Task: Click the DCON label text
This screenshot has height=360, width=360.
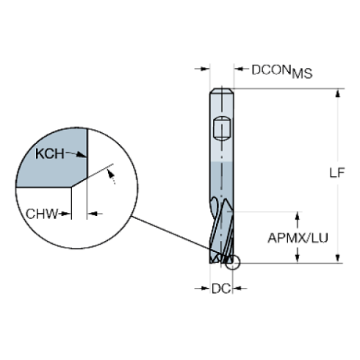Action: pos(271,70)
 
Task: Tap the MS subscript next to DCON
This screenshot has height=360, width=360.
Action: pos(302,73)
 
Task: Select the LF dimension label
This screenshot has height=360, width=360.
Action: pos(337,173)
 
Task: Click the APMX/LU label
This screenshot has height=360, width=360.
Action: pos(298,238)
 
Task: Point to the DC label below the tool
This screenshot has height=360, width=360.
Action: pos(221,289)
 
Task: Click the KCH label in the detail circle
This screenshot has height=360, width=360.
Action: pos(50,154)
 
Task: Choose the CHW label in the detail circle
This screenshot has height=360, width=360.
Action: pos(42,214)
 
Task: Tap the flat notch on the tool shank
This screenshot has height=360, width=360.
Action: pos(222,129)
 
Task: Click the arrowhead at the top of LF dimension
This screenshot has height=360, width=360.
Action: pos(338,93)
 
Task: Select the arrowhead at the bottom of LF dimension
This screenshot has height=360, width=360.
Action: pos(338,258)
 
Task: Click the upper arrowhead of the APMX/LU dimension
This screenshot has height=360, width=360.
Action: pos(298,217)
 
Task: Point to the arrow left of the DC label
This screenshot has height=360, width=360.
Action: pos(202,288)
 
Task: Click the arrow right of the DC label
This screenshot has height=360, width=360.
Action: pos(240,288)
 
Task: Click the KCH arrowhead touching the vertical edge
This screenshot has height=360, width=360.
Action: pos(82,154)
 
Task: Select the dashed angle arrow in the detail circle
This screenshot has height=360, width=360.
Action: pos(111,176)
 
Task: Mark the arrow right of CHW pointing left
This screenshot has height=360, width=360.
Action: pos(95,214)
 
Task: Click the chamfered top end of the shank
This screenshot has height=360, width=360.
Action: pos(222,90)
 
